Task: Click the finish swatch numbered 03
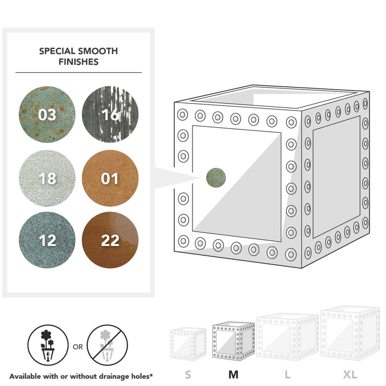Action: click(47, 115)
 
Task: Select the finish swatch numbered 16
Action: click(110, 115)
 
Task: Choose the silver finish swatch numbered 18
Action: click(47, 178)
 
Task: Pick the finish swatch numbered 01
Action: click(110, 178)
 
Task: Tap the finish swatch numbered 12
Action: click(47, 240)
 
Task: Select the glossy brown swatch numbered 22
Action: click(110, 240)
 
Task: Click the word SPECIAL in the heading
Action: click(57, 51)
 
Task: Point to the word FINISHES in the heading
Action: click(78, 62)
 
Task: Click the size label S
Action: click(188, 375)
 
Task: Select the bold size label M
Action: click(234, 375)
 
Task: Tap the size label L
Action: click(287, 375)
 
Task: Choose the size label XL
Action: click(350, 375)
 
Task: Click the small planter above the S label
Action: click(188, 344)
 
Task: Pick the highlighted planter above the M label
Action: click(234, 341)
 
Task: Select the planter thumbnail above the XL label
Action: click(350, 334)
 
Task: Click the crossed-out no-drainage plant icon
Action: click(107, 345)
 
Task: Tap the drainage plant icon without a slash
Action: click(48, 345)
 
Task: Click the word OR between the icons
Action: click(78, 347)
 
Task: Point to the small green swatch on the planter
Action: click(216, 178)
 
